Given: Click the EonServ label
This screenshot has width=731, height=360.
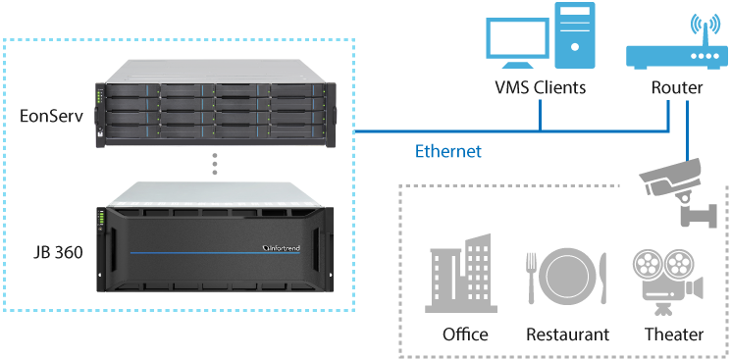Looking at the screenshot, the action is (51, 116).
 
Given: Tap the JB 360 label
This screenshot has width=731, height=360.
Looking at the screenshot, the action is (58, 252).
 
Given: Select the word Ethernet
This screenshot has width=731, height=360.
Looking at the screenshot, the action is (448, 151).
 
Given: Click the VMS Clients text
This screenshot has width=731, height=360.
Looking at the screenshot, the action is (541, 87).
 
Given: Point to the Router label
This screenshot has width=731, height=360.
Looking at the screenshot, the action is (677, 87).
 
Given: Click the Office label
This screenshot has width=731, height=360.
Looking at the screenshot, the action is (465, 334).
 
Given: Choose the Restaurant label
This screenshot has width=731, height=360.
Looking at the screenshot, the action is (567, 334).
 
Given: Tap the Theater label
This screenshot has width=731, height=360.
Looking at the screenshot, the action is (674, 334).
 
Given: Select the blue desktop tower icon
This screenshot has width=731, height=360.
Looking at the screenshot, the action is (574, 35).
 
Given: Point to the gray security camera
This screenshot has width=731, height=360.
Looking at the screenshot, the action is (677, 192).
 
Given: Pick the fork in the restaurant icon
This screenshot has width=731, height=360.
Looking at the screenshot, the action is (531, 279).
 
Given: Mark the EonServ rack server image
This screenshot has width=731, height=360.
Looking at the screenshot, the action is (215, 104).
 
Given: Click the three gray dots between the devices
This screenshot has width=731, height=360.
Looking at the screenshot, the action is (215, 164).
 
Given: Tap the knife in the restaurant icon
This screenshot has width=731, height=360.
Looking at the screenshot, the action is (603, 279).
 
